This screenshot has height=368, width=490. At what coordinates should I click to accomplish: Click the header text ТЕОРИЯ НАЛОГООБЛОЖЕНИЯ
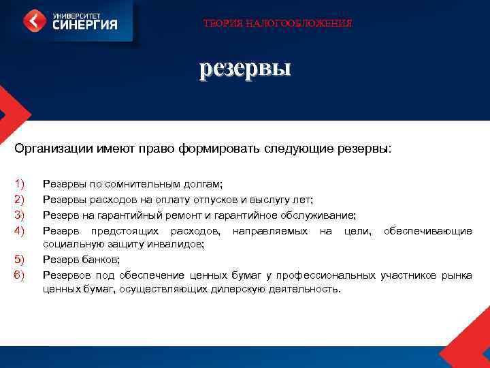tap(278, 23)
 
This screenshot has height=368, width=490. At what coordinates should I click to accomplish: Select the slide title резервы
tap(244, 68)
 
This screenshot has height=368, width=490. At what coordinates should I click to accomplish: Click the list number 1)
tap(19, 184)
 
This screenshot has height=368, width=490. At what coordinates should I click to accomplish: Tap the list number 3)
tap(19, 215)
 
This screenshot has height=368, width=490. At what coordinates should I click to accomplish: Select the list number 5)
tap(19, 260)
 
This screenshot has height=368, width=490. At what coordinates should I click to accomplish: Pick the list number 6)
tap(19, 275)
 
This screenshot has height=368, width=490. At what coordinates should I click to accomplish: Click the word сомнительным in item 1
tap(140, 184)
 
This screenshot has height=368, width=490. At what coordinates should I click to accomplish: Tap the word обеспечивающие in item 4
tap(428, 231)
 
